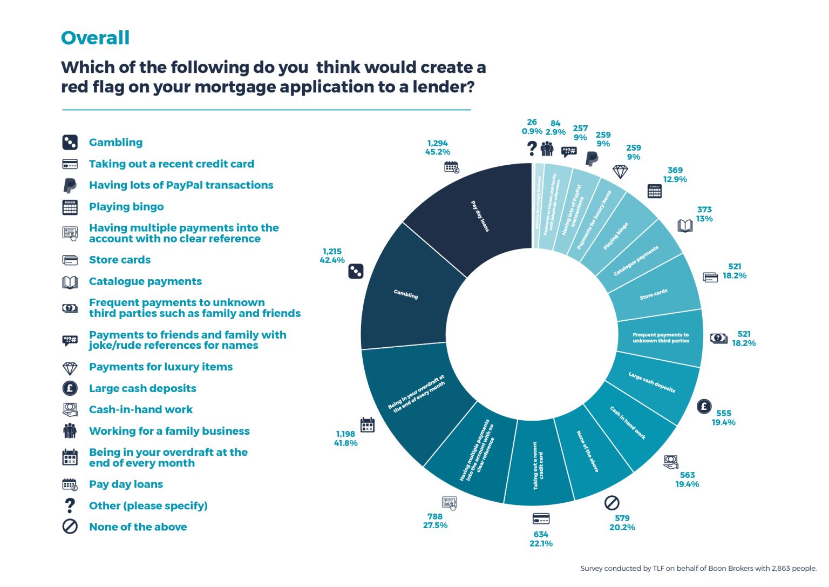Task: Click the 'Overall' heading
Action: point(95,38)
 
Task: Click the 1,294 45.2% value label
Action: point(437,147)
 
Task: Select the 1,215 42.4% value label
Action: point(332,256)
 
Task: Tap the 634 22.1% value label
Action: point(541,539)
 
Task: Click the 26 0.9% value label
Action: point(532,126)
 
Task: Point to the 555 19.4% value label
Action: point(723,417)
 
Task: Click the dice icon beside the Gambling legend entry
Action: point(70,143)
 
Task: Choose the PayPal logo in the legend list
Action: point(70,185)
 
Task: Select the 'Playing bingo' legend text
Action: point(126,207)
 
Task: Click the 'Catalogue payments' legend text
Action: point(145,281)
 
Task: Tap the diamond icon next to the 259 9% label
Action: point(620,172)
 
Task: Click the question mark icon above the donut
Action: point(532,148)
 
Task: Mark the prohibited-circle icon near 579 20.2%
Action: point(611,503)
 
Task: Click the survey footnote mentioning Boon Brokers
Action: point(698,568)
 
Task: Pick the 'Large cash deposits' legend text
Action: point(142,388)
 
